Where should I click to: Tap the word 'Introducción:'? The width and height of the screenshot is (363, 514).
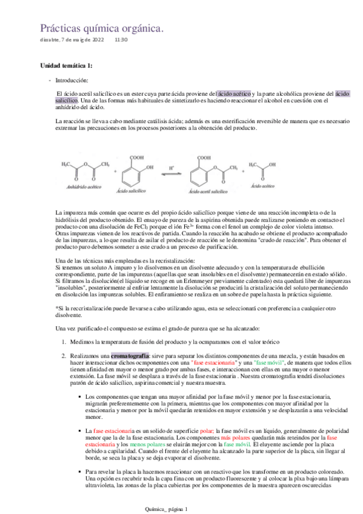pyautogui.click(x=72, y=80)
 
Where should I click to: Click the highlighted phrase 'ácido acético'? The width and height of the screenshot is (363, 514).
pyautogui.click(x=234, y=93)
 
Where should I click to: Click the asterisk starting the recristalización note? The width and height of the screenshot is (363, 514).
pyautogui.click(x=56, y=309)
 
